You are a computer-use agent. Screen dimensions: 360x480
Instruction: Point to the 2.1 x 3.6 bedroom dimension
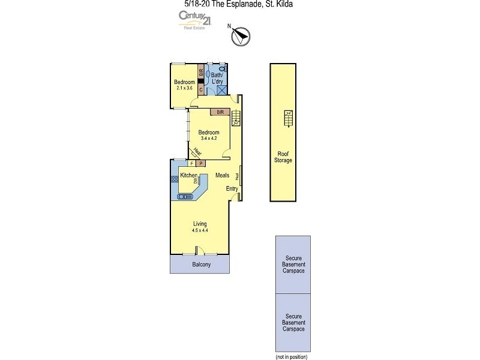pos(185,88)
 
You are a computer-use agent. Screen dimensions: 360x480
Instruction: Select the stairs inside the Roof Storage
pos(287,118)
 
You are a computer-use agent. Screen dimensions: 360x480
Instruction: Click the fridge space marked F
pos(191,163)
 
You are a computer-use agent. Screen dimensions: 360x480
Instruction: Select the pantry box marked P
pos(200,163)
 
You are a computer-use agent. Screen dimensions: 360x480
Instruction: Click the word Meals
pos(223,176)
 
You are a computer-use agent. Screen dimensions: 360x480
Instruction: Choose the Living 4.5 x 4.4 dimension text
pos(200,230)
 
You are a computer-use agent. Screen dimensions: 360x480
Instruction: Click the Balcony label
pos(201,265)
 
